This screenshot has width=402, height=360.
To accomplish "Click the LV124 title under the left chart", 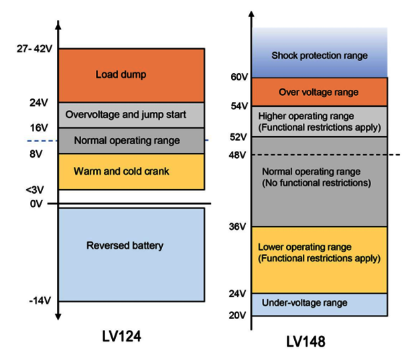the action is (x=121, y=336).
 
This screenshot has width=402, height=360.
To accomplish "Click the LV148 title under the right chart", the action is (x=306, y=341).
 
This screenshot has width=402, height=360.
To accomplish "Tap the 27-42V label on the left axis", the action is (x=35, y=48).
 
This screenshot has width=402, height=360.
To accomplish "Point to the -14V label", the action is (x=40, y=300).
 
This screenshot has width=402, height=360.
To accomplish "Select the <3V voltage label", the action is (x=35, y=190).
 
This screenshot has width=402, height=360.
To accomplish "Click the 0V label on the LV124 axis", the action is (x=36, y=204).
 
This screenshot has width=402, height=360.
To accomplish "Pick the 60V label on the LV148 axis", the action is (x=239, y=76).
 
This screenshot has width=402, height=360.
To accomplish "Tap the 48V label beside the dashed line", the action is (x=237, y=155).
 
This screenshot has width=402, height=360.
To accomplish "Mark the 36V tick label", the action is (x=237, y=227).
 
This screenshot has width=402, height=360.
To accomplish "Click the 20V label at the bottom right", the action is (x=237, y=315).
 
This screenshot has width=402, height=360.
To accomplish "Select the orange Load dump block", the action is (x=131, y=76).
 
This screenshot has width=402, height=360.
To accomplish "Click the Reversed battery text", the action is (x=125, y=245).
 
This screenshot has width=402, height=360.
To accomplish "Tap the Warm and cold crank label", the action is (x=121, y=171).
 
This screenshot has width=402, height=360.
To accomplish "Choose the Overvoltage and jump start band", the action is (x=131, y=115).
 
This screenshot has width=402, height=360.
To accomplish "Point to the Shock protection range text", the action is (x=320, y=56).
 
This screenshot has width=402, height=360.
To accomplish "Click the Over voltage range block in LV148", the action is (x=320, y=92).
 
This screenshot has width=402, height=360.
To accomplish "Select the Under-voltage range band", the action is (x=320, y=304).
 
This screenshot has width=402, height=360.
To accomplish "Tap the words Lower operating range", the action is (x=305, y=247).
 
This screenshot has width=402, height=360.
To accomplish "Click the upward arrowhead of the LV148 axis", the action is (x=252, y=14).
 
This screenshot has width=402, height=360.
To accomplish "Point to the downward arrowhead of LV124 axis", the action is (x=58, y=316).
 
